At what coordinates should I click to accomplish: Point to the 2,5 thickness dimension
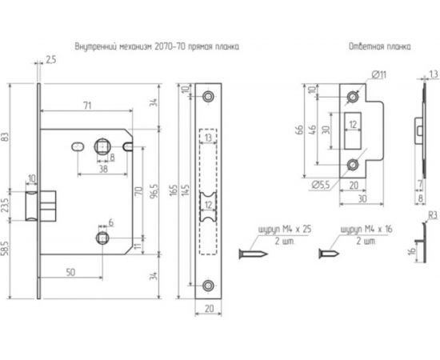point(51,59)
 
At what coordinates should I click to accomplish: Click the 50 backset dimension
point(72,273)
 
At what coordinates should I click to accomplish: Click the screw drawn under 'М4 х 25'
point(256,254)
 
